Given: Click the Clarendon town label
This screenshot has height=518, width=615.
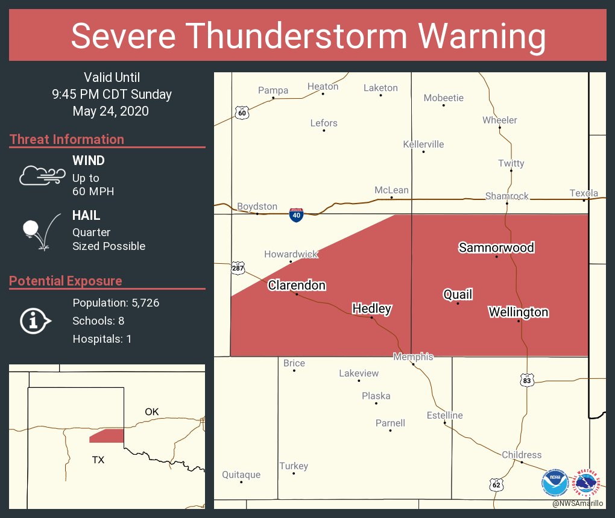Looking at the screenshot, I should (297, 285).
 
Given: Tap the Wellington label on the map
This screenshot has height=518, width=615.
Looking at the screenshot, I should (518, 312).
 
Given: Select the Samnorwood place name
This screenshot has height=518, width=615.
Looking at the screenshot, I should (496, 248).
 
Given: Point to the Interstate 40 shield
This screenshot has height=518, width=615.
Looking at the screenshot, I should (295, 216).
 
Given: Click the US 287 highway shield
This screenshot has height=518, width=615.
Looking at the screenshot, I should (238, 267).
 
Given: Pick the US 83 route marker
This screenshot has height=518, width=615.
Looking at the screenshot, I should (527, 380).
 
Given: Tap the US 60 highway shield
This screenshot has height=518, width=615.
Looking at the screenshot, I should (242, 113).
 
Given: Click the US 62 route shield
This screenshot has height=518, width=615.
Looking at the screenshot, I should (496, 484).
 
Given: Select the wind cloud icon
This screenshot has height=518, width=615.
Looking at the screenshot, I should (42, 175).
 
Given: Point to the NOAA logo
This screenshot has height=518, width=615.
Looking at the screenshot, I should (554, 483).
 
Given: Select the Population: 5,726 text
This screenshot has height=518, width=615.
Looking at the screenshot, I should (116, 302).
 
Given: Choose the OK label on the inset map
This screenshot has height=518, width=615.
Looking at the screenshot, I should (151, 411).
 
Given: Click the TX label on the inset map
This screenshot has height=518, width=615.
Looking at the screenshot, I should (98, 460).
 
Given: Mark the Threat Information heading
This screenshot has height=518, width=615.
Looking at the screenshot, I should (67, 139).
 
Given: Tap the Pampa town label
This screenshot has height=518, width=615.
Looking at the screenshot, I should (273, 90).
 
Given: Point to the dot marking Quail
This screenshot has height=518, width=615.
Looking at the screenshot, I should (458, 304).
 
